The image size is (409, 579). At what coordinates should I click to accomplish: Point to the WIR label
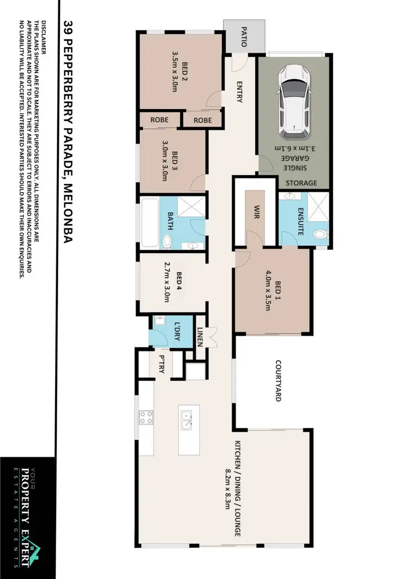coord(255,211)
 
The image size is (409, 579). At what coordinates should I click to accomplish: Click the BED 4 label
coord(178,284)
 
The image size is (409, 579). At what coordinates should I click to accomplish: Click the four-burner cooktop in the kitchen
coord(146,418)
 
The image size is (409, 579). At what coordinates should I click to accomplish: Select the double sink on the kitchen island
coord(186,420)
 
